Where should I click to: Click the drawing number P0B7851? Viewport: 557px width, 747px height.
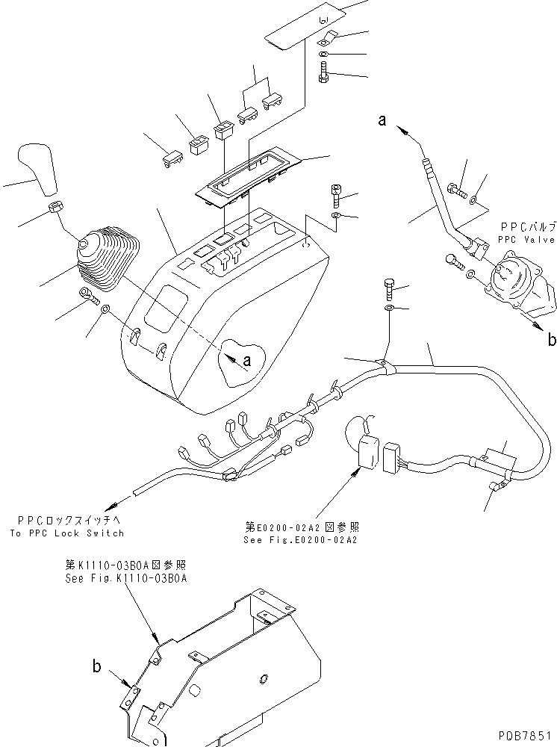(x=524, y=735)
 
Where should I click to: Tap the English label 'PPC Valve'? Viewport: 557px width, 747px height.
(x=528, y=240)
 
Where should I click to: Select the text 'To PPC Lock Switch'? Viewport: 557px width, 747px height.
(x=67, y=533)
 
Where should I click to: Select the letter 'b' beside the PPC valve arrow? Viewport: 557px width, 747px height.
(x=551, y=341)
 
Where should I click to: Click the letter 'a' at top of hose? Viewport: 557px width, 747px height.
(x=382, y=120)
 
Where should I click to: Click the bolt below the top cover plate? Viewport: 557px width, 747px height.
(x=323, y=73)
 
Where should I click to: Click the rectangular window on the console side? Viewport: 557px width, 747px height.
(x=167, y=308)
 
